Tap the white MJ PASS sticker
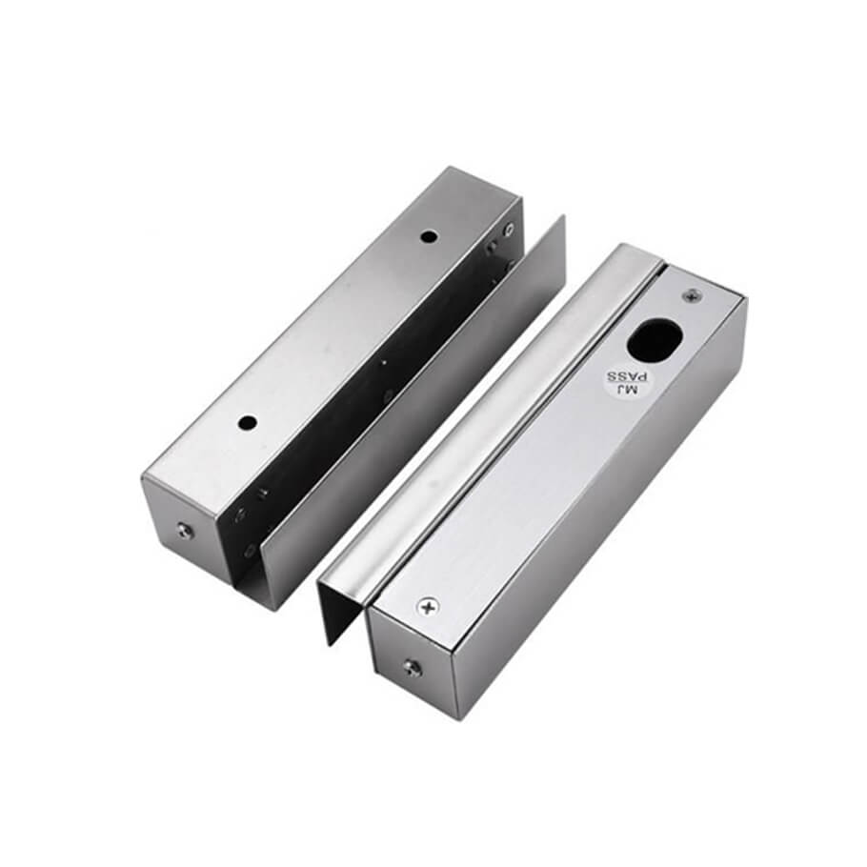pyautogui.click(x=622, y=381)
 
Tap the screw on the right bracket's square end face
pyautogui.click(x=411, y=667)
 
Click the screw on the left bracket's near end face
pyautogui.click(x=184, y=531)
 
